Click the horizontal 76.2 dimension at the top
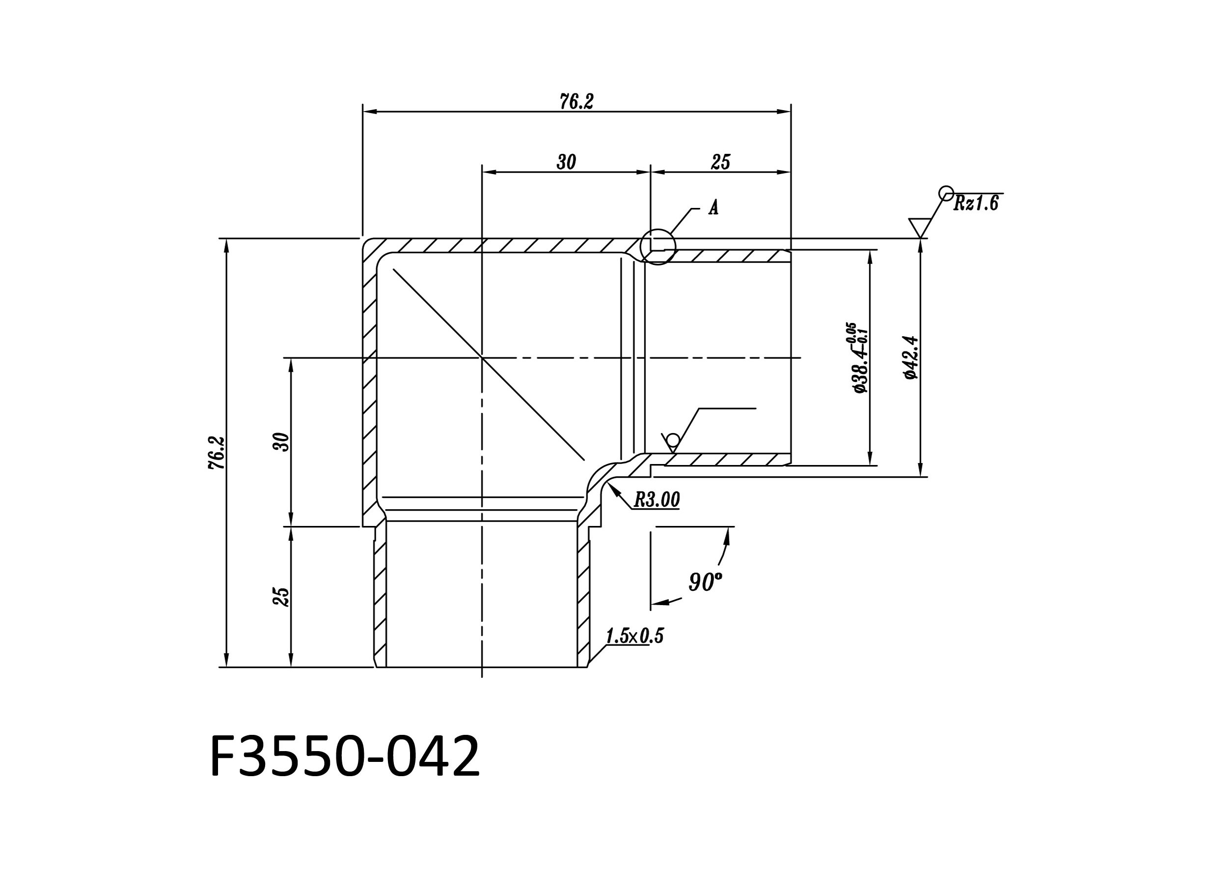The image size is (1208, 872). [x=577, y=101]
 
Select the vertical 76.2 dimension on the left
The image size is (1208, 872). [x=217, y=453]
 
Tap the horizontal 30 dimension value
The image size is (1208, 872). [x=566, y=162]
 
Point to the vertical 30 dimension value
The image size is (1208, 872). [x=281, y=442]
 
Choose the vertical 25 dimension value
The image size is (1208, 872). [x=281, y=596]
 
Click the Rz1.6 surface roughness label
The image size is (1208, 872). [x=976, y=203]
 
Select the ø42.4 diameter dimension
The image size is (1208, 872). [x=911, y=357]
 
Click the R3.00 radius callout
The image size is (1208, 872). [x=657, y=500]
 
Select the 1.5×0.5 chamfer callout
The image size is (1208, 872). [x=634, y=636]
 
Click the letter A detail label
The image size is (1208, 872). [x=714, y=208]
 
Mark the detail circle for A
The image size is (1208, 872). [x=658, y=246]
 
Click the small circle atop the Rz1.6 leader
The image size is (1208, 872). [x=946, y=193]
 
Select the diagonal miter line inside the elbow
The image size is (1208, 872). [x=489, y=364]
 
